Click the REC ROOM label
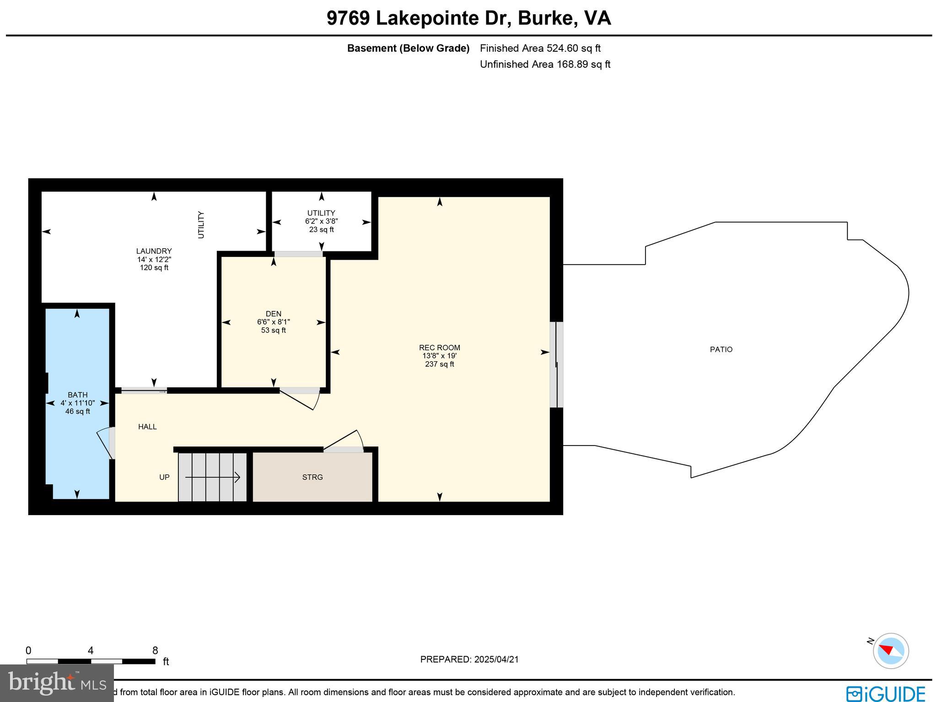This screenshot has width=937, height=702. [439, 348]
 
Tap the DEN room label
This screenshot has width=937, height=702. [273, 314]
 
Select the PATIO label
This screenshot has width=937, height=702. [721, 349]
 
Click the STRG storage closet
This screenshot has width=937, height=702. [312, 477]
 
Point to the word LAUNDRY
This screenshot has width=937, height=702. [154, 251]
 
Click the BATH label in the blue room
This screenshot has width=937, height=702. [77, 395]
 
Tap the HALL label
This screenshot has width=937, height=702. [147, 427]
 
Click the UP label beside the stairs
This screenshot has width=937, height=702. [164, 477]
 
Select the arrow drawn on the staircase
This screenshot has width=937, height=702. [213, 478]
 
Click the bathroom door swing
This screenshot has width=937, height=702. [104, 442]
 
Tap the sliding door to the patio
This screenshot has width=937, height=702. [556, 365]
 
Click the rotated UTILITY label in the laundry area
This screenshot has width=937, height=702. [201, 225]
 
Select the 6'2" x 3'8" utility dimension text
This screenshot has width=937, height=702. [321, 221]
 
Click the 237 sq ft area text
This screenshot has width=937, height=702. [439, 365]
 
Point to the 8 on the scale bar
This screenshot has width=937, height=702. [155, 651]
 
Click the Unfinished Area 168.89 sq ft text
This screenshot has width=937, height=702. [544, 65]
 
